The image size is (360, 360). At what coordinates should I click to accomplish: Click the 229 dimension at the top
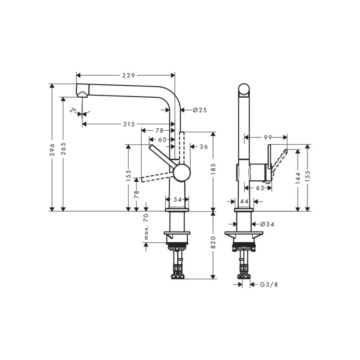tap(128, 75)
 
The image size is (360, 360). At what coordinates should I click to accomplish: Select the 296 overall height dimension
tap(52, 150)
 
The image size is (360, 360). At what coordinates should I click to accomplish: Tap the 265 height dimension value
tap(63, 148)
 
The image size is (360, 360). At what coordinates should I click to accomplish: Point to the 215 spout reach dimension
tap(129, 124)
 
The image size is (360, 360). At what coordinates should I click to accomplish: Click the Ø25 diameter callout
tap(200, 110)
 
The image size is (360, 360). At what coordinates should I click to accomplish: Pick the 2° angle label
tap(74, 111)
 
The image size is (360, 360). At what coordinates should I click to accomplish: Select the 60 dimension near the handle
tap(162, 139)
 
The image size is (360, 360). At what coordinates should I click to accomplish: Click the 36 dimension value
tap(204, 147)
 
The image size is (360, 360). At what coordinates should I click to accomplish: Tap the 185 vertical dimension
tap(214, 169)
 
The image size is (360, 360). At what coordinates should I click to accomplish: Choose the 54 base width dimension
tap(178, 200)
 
